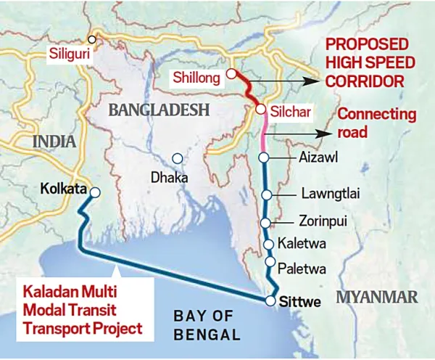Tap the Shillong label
196,76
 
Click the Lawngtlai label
330,194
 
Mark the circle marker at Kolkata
94,192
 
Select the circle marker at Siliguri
92,40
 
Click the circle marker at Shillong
231,74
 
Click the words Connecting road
377,123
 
